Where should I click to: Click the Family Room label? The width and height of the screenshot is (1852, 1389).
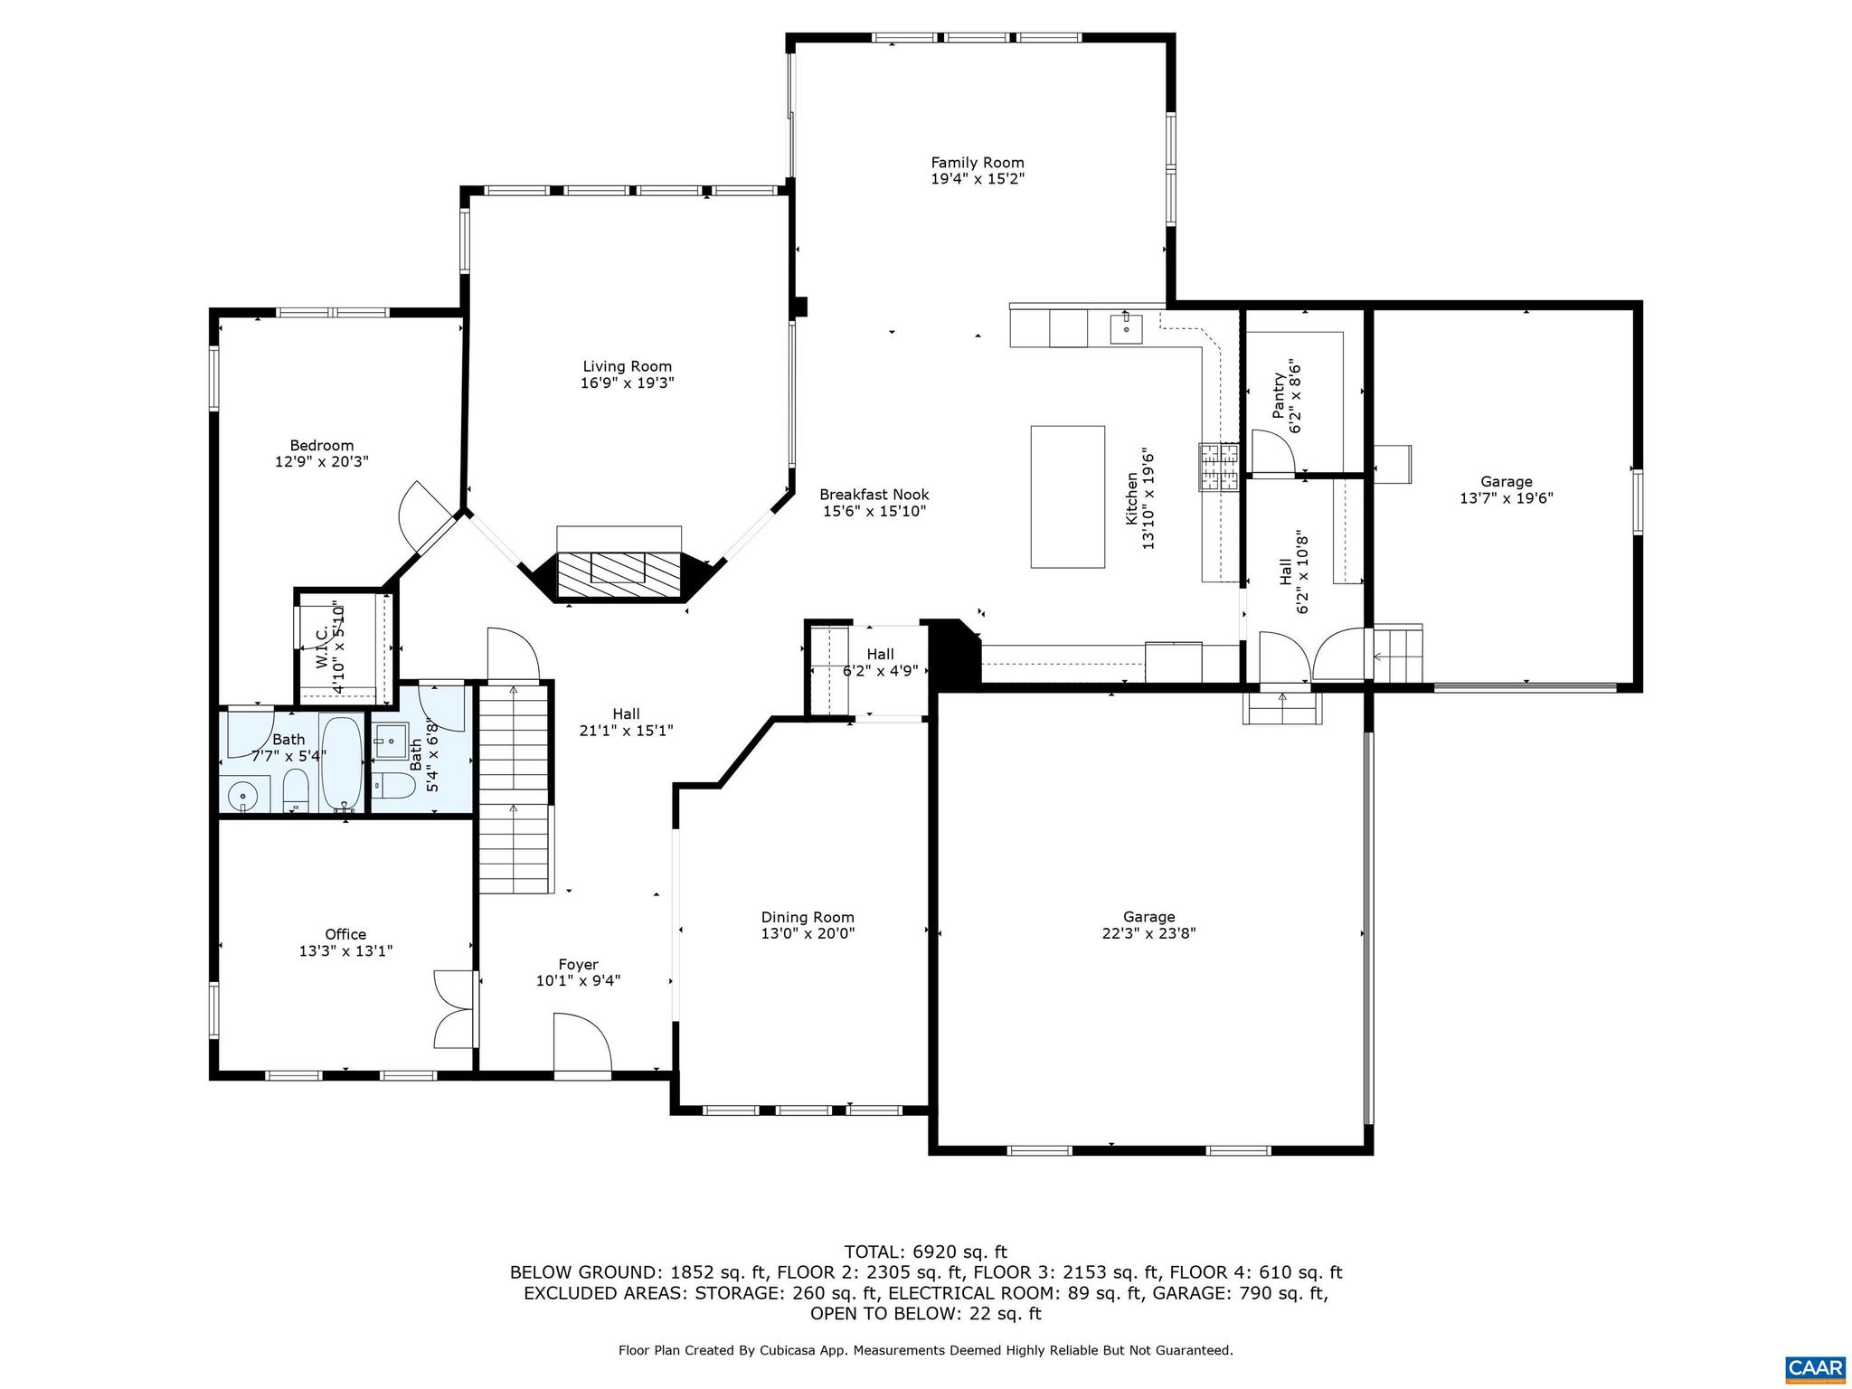(x=977, y=163)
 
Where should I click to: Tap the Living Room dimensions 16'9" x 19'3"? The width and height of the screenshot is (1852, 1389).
(x=627, y=383)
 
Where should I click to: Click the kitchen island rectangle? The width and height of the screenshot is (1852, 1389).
(x=1067, y=496)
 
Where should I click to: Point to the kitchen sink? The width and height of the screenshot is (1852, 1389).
(x=1126, y=327)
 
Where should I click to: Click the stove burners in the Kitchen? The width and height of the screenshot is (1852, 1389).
(x=1219, y=467)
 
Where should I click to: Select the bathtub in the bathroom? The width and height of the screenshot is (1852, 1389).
(x=343, y=764)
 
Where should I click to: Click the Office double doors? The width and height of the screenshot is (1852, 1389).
(x=455, y=1009)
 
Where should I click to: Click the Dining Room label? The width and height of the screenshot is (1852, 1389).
(x=807, y=917)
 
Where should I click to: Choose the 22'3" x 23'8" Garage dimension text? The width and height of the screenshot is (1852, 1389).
(x=1148, y=933)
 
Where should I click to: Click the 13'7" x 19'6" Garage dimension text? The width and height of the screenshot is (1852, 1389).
(x=1506, y=498)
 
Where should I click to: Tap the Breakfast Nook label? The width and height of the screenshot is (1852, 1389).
(x=874, y=495)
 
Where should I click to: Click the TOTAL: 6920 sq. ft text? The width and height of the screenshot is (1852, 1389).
(x=925, y=1252)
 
